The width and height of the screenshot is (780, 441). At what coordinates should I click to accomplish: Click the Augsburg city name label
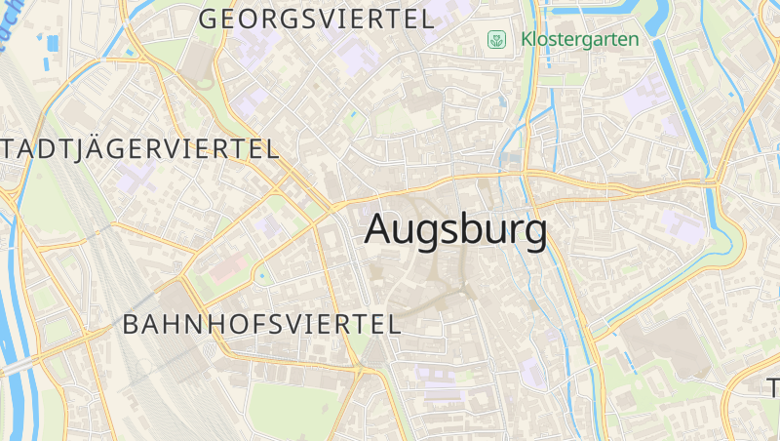(455, 230)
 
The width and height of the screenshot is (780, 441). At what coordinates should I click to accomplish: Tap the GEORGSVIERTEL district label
(316, 19)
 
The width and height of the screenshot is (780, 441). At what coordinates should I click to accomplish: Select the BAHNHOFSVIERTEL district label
(261, 325)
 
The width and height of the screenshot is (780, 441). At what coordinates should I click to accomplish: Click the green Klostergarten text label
(580, 40)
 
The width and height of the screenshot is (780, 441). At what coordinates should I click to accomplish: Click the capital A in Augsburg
(378, 229)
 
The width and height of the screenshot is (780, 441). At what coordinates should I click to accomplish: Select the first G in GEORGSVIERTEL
(208, 19)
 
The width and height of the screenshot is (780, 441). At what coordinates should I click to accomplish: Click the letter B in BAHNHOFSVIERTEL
(132, 325)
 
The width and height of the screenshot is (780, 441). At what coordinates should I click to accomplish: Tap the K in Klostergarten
(527, 40)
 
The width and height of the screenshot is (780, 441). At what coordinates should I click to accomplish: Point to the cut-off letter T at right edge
(773, 384)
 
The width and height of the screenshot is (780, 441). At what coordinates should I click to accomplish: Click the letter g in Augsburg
(440, 234)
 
